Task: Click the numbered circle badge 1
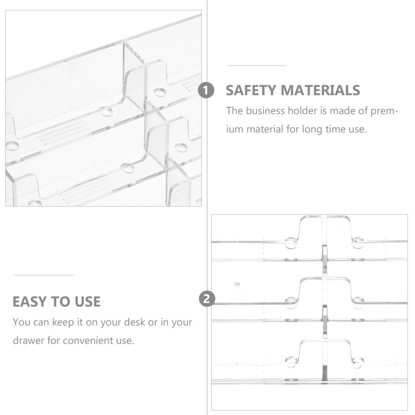(x=206, y=90)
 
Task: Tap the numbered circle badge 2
(x=207, y=299)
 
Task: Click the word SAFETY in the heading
(x=251, y=90)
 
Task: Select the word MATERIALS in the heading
(x=320, y=90)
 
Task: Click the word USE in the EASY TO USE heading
(x=87, y=302)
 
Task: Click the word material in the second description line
(x=265, y=129)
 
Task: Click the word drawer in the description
(x=29, y=340)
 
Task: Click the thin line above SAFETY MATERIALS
(x=256, y=65)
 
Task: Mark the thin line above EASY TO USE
(x=43, y=275)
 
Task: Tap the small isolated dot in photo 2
(x=237, y=285)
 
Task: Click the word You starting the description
(x=22, y=322)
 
